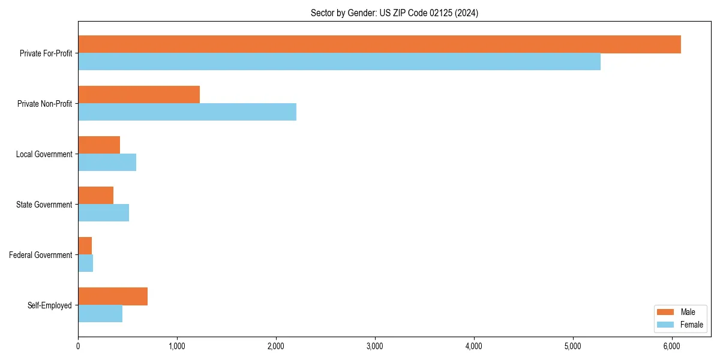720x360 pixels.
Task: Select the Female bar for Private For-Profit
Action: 339,62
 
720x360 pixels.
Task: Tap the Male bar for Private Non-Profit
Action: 139,95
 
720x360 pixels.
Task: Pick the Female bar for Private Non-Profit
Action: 187,112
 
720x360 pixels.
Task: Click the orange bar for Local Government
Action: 99,145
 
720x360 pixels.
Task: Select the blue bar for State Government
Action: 103,213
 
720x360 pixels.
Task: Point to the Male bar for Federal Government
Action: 85,246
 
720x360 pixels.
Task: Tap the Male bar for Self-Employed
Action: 113,296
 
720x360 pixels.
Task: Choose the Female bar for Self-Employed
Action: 100,314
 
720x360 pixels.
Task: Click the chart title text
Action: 394,13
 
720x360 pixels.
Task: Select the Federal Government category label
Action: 41,255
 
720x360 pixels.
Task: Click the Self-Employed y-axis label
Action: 50,305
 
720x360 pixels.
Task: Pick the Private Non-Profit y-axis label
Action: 44,104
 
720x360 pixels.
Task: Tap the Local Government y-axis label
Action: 44,154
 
